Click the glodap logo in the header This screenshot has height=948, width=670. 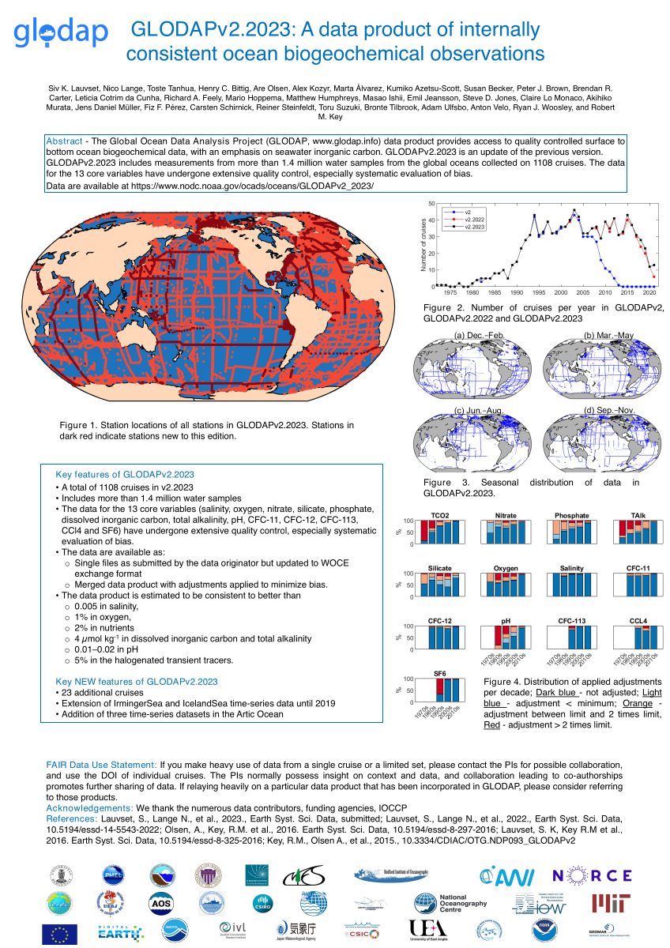[62, 32]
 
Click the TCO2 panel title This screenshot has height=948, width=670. [440, 516]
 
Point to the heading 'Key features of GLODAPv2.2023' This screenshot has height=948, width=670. [125, 475]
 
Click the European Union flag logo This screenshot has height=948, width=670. [59, 932]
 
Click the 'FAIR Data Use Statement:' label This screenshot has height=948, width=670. [102, 766]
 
